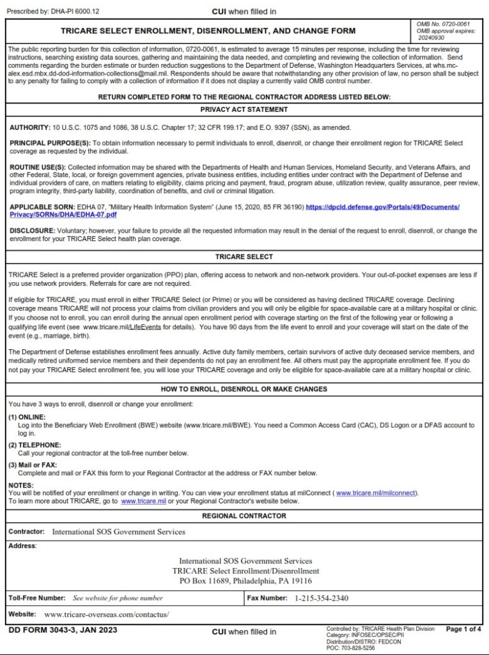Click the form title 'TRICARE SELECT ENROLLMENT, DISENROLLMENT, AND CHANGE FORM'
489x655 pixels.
coord(208,31)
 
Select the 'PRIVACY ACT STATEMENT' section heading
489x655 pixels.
coord(244,109)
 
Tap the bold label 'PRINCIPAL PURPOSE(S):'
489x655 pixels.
coord(50,143)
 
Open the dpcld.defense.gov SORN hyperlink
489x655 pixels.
coord(382,207)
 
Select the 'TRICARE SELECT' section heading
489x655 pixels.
coord(244,256)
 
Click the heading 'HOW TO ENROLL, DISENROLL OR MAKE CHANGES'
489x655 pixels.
coord(244,389)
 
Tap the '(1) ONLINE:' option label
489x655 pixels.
coord(27,417)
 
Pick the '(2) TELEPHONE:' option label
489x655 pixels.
coord(35,445)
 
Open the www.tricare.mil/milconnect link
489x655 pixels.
coord(376,493)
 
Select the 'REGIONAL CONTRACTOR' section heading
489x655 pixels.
coord(244,516)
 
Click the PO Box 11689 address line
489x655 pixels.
coord(245,581)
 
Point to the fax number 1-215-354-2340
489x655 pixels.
coord(322,598)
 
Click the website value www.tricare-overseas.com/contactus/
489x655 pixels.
coord(107,614)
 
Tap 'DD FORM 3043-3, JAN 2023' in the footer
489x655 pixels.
coord(63,630)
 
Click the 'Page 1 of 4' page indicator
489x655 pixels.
coord(463,629)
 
